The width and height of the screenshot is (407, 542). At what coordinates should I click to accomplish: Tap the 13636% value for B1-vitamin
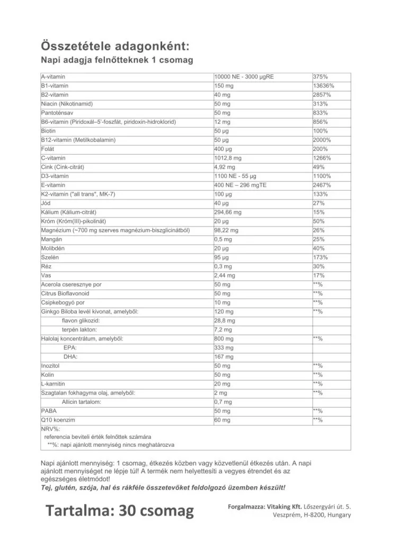(324, 86)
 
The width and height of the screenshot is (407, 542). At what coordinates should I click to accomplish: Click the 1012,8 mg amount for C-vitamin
(228, 158)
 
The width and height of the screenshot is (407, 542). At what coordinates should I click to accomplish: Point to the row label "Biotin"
(48, 131)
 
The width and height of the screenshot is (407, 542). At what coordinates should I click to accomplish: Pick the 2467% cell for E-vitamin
(322, 185)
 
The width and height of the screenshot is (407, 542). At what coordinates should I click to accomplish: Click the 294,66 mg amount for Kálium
(228, 212)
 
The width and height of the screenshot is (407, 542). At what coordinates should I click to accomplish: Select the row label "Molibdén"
(53, 248)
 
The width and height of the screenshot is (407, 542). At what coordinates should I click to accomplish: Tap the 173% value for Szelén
(321, 257)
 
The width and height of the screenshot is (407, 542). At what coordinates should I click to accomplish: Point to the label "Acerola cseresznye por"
(71, 284)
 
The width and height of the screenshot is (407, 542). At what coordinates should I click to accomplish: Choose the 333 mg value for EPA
(224, 347)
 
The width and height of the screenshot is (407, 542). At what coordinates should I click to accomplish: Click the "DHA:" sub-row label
(70, 357)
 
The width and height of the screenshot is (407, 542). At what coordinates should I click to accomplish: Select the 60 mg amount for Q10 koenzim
(223, 420)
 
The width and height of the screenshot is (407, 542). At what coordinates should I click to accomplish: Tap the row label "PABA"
(49, 411)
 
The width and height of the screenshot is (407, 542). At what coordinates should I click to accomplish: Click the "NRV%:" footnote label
(50, 428)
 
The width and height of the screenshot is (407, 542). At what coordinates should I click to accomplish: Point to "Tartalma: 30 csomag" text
(120, 511)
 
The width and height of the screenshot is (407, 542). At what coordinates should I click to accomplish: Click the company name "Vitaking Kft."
(287, 507)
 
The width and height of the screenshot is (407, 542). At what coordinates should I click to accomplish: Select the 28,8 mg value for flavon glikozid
(225, 320)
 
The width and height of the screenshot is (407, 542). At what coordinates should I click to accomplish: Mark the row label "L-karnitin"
(53, 384)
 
